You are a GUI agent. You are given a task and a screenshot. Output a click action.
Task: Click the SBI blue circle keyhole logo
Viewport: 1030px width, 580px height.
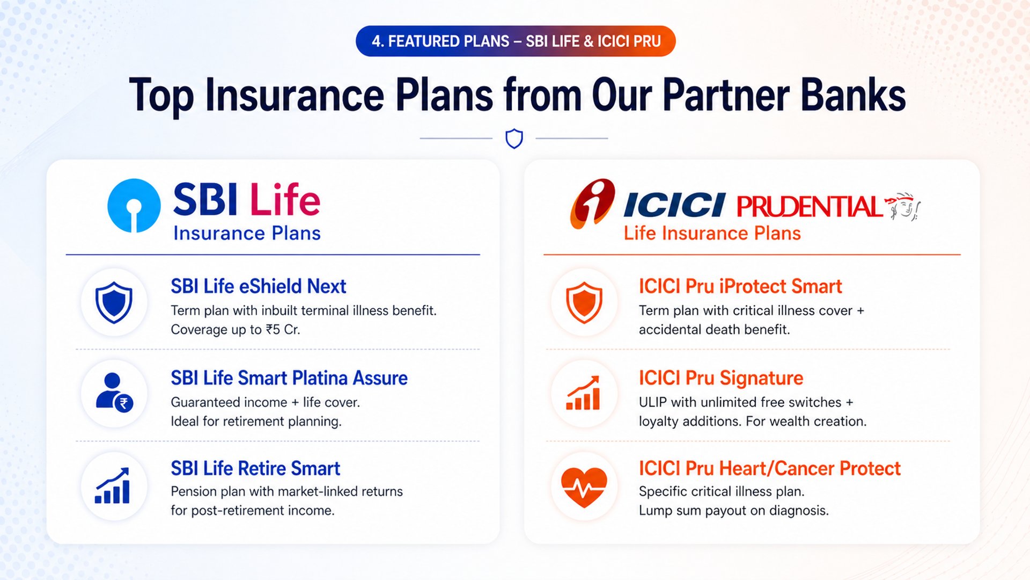coord(134,206)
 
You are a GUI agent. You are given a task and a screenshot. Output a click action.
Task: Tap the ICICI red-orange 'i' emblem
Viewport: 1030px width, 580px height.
coord(592,204)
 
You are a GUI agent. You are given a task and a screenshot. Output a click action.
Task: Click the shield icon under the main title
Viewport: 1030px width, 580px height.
coord(514,139)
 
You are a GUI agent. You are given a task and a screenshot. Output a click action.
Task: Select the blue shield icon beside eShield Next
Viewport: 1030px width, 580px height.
coord(114,302)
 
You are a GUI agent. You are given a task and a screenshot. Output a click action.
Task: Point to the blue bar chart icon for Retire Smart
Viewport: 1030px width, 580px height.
coord(113,485)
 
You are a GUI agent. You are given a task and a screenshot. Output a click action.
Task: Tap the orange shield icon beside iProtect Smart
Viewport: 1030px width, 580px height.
coord(584,302)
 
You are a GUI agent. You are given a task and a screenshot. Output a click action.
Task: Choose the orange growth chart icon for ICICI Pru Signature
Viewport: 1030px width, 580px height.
coord(583,393)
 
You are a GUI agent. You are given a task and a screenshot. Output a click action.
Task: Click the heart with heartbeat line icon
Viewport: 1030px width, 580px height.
coord(584,487)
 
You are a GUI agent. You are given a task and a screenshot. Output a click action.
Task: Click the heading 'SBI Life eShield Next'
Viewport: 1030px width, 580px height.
coord(259,286)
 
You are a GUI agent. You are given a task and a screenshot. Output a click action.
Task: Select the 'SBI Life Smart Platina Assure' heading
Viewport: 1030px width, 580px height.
coord(289,378)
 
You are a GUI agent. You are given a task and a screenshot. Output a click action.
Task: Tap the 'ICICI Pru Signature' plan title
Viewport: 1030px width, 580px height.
coord(721,378)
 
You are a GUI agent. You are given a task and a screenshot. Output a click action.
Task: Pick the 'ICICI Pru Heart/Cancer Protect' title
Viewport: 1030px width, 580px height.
coord(769,468)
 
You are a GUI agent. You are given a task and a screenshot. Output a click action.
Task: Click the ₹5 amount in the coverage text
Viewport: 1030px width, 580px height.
coord(273,330)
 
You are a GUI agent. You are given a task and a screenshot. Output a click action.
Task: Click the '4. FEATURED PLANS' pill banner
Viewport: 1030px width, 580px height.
coord(516,41)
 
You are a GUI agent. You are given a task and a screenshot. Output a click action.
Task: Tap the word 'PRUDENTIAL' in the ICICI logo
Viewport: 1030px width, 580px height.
coord(809,207)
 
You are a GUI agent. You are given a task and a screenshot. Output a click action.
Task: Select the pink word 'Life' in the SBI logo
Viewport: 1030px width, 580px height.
coord(285,199)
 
